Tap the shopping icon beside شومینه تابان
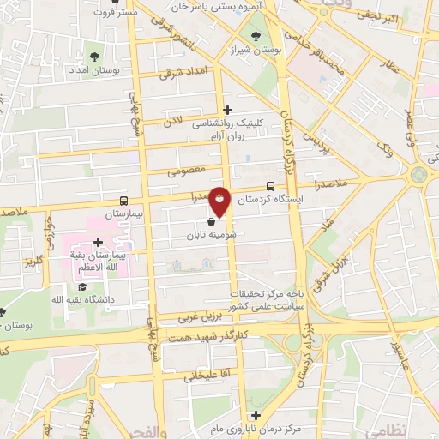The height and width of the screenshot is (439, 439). (x=211, y=219)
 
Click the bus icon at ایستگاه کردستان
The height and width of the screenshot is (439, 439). (x=271, y=186)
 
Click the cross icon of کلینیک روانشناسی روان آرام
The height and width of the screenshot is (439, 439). (x=227, y=110)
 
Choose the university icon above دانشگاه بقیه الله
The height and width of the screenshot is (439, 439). (x=82, y=285)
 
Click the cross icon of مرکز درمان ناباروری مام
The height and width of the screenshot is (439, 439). (x=255, y=415)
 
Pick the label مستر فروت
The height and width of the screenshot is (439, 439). (x=117, y=13)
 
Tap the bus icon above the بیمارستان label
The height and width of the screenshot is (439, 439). (x=125, y=199)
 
